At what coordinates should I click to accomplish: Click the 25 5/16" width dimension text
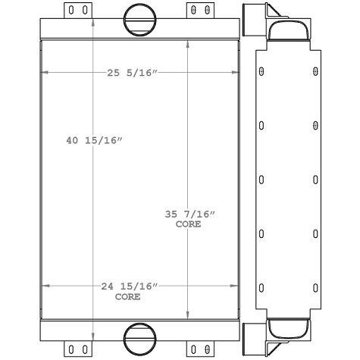133,73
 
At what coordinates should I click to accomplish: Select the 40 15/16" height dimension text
95,141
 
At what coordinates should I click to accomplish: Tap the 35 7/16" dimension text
189,215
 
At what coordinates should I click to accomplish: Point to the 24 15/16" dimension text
129,286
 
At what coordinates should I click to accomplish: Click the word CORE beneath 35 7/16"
189,225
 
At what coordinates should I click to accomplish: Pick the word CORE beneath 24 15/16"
128,296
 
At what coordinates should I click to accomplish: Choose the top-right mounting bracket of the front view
199,10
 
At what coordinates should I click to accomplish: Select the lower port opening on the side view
289,330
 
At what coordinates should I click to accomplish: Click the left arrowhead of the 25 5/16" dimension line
44,73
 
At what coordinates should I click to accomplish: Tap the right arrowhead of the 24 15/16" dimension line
235,286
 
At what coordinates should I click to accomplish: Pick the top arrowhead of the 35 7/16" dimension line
189,44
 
